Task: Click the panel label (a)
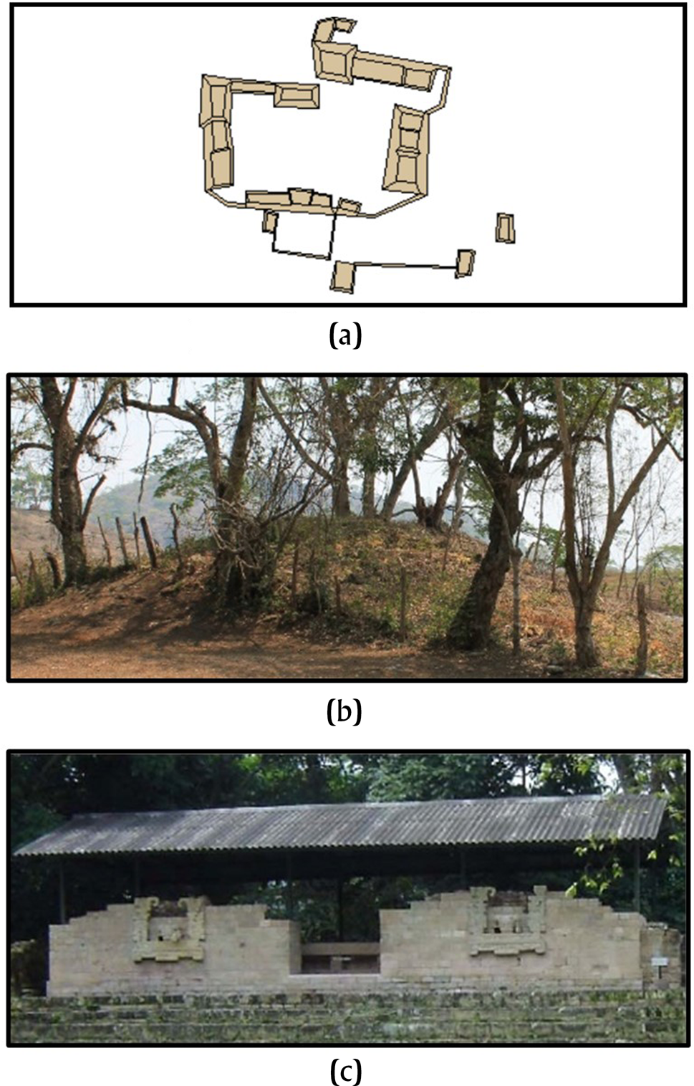click(345, 335)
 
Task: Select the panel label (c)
click(345, 1072)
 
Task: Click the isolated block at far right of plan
click(506, 228)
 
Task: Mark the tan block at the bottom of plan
click(343, 277)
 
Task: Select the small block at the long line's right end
click(466, 263)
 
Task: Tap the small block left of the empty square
click(269, 221)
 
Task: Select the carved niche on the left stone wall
click(170, 930)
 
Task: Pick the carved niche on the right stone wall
click(511, 924)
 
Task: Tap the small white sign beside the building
click(659, 961)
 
